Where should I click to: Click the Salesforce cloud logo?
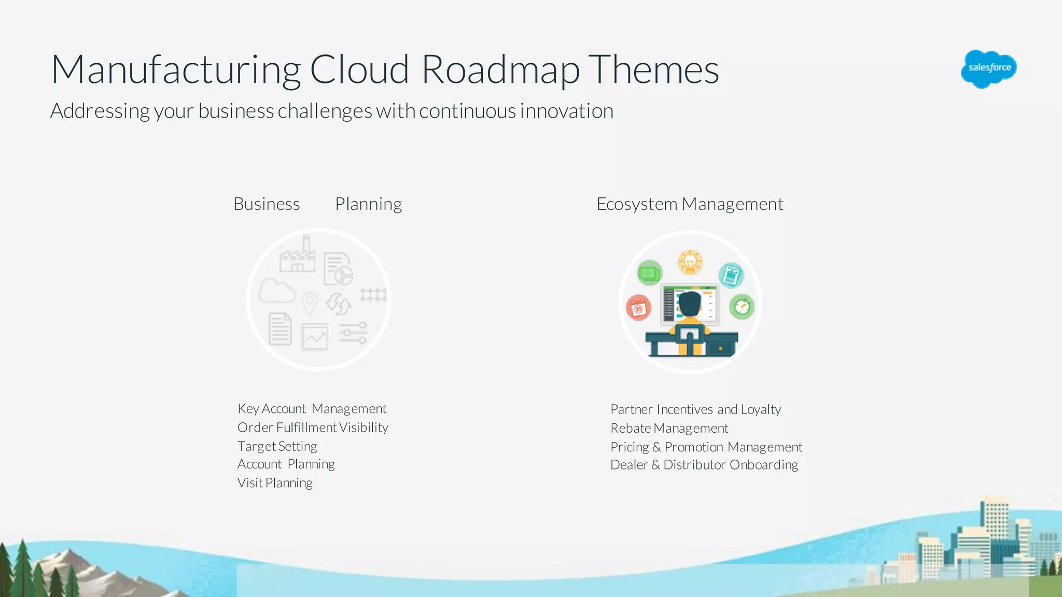click(x=988, y=68)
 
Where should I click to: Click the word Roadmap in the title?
click(x=500, y=70)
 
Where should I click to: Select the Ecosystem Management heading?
click(x=690, y=204)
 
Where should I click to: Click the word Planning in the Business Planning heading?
click(x=368, y=204)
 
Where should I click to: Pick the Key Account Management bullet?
click(x=312, y=409)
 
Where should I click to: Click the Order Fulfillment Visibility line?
click(x=313, y=428)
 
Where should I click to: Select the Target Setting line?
click(x=277, y=446)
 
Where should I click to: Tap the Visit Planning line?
click(x=275, y=483)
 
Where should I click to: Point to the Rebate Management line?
click(x=669, y=429)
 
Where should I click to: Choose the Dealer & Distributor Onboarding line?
click(x=704, y=465)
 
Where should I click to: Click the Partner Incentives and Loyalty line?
click(x=695, y=409)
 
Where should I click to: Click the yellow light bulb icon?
click(x=690, y=262)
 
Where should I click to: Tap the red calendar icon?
click(x=638, y=308)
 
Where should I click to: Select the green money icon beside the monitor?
click(x=649, y=273)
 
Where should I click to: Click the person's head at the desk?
click(x=690, y=303)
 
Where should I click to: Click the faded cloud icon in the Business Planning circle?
click(x=276, y=291)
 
